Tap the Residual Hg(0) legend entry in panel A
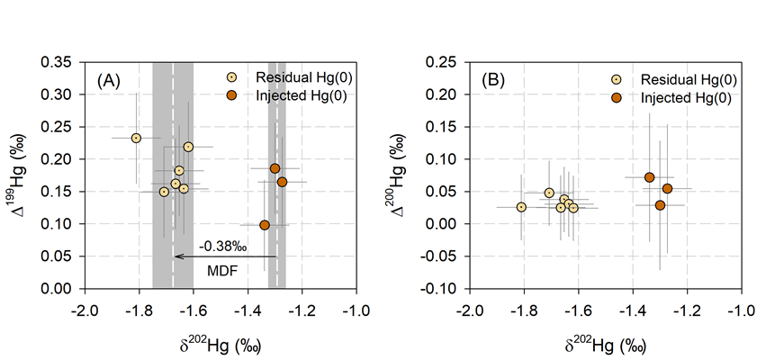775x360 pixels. tap(292, 78)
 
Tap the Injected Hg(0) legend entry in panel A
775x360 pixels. tap(290, 95)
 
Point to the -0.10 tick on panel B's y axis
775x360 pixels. tap(443, 289)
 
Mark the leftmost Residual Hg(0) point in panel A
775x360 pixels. tap(136, 138)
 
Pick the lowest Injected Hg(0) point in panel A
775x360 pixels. tap(265, 225)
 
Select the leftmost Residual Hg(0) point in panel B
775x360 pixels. tap(521, 207)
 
